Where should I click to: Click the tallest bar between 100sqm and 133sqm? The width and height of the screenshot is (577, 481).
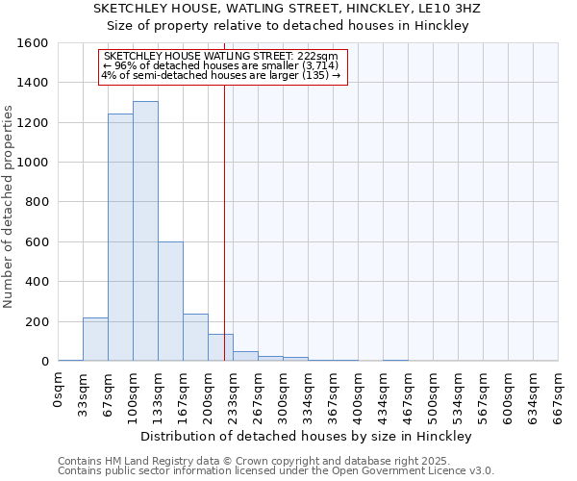(145, 231)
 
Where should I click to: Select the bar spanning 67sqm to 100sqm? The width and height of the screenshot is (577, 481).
(120, 238)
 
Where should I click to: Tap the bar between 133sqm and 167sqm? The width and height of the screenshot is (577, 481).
(170, 301)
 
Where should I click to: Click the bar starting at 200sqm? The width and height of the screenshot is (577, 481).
(220, 347)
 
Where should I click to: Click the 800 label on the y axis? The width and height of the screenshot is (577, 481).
(38, 202)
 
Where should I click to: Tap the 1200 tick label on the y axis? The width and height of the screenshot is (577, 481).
(34, 123)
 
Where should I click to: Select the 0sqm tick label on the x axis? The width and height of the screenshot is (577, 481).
(59, 390)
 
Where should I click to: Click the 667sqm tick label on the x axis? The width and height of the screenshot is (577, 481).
(558, 393)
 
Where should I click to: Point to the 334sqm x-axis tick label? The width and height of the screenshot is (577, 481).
(308, 393)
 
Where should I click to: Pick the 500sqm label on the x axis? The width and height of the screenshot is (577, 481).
(433, 393)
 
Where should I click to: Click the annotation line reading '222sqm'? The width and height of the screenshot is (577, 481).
(220, 57)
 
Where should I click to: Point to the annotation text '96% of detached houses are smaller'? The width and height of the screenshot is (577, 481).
(220, 65)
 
